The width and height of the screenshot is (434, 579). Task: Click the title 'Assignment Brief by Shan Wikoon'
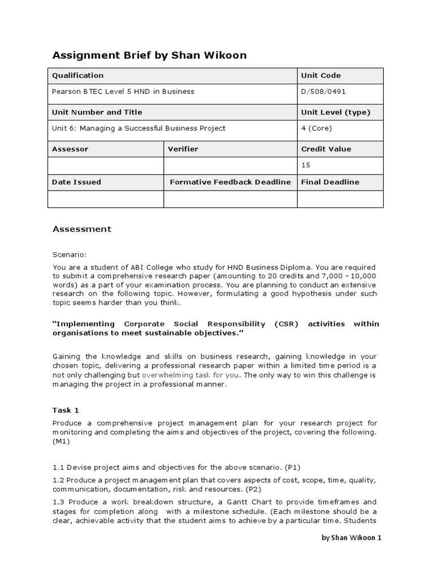[149, 55]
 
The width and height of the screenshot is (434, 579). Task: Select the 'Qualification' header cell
[78, 75]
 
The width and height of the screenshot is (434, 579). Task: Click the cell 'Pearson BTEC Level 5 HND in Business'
[123, 91]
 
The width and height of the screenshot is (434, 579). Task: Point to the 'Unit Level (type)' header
[336, 112]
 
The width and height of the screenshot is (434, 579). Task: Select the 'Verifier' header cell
[183, 149]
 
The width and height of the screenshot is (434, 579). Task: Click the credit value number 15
[306, 165]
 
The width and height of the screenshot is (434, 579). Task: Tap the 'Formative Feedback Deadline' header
[230, 182]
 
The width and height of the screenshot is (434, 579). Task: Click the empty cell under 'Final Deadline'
[340, 199]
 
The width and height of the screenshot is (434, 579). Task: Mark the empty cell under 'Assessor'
[106, 165]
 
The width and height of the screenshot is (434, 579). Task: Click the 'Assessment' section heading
[82, 229]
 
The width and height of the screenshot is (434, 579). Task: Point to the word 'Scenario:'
[70, 254]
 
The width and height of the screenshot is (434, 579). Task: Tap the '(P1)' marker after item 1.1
[293, 467]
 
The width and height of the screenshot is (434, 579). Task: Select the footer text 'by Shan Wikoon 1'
[351, 538]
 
